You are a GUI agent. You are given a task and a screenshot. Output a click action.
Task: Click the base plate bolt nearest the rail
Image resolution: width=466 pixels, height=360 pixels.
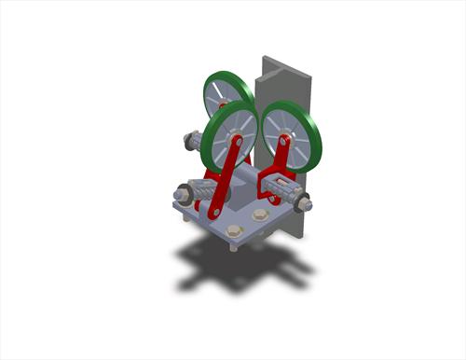pos(260,215)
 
